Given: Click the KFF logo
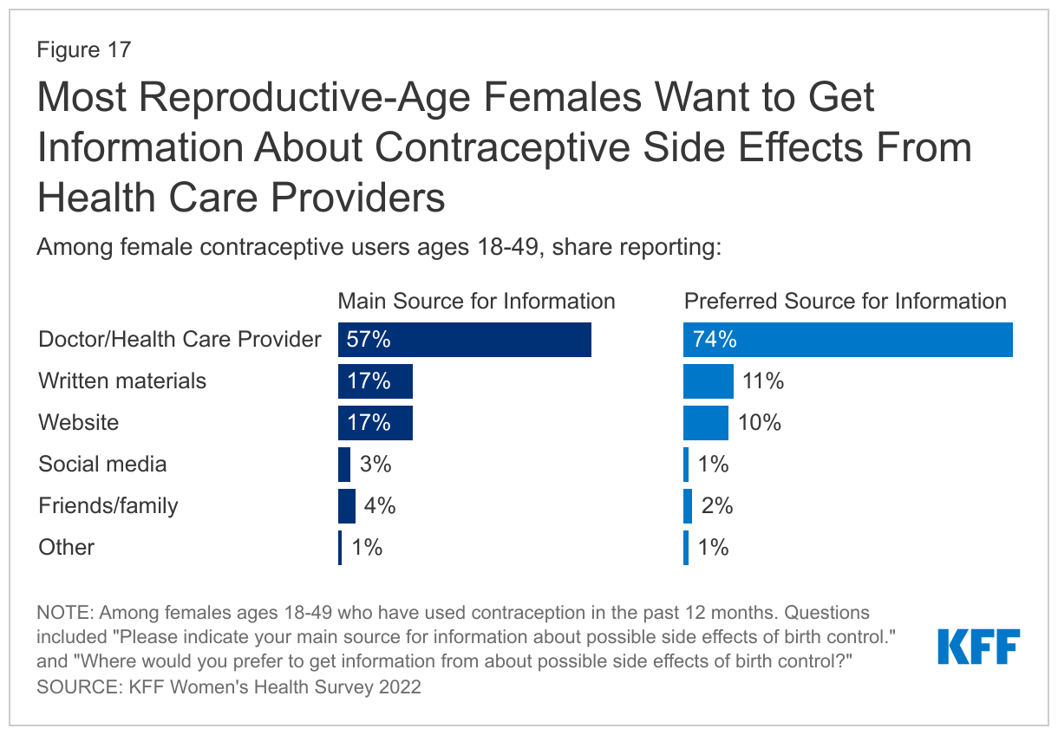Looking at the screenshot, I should point(978,647).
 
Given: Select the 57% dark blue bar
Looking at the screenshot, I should point(464,340).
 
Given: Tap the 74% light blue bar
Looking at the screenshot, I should point(847,340).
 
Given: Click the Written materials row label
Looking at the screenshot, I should point(122,381).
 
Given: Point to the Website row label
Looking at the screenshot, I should point(79,422).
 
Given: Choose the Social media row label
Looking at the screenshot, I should point(102,464).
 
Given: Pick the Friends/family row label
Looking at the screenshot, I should point(108,505).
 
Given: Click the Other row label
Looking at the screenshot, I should point(66,547).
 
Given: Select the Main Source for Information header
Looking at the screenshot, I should point(476,301).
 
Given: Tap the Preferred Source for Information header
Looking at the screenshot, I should point(846,301).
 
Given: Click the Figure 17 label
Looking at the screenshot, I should point(83,49).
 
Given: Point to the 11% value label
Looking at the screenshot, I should point(763,381).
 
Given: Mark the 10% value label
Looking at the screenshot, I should point(761,422).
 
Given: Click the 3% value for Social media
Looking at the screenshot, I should point(375,464).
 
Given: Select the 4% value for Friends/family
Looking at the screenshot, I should point(379,505).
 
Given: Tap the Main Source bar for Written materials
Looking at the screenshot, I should point(375,381).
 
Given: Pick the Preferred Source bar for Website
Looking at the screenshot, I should point(705,422).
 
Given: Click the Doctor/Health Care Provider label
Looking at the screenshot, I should point(180,339).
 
